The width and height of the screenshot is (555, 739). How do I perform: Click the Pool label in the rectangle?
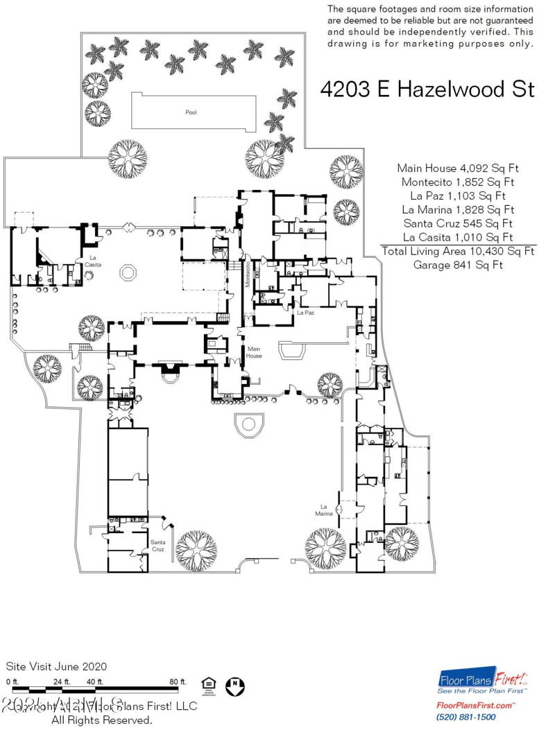[191, 112]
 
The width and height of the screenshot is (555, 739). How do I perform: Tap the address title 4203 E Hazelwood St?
[427, 89]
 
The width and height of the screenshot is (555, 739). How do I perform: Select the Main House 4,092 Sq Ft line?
[458, 168]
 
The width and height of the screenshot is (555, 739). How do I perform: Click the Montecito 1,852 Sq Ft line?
[458, 182]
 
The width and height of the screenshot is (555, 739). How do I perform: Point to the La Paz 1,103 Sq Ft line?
[458, 195]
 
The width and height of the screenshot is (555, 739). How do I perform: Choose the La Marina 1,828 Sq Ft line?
[458, 209]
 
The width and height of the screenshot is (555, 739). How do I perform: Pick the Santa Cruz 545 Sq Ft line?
[458, 223]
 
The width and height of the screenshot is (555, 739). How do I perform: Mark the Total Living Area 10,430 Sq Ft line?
[458, 251]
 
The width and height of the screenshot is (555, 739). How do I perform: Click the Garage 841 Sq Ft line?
[458, 265]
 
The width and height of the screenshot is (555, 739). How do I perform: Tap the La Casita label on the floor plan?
[90, 261]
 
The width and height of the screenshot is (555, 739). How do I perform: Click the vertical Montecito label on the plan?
[248, 274]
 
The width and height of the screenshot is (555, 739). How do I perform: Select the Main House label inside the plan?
[254, 352]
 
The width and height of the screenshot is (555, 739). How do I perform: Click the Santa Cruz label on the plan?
[159, 546]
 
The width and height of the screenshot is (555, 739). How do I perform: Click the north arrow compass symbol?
[236, 687]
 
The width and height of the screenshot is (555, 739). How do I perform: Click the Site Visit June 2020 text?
[56, 666]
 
